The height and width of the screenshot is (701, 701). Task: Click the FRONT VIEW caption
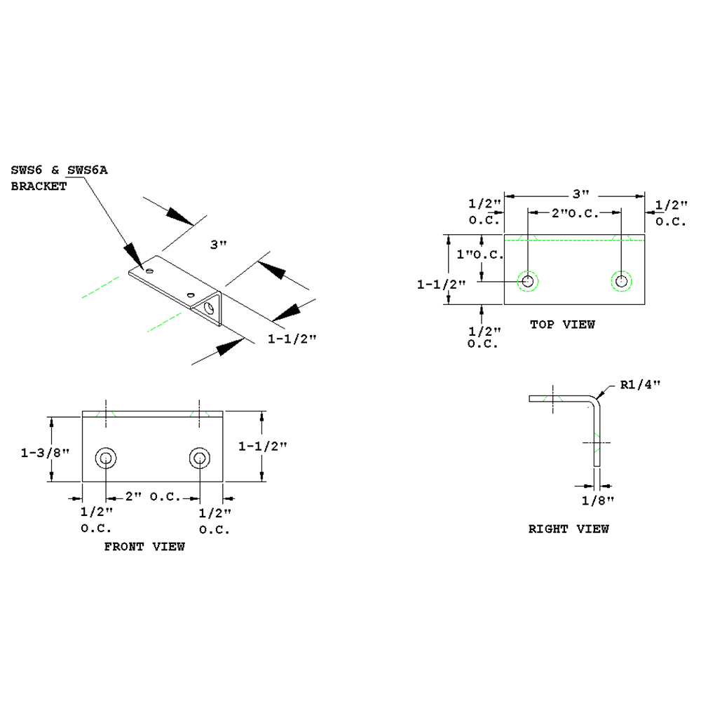coord(144,546)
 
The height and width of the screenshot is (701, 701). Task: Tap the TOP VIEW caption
coord(562,324)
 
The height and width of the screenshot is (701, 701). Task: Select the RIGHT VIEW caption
coord(569,529)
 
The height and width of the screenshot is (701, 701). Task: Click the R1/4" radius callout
coord(641,384)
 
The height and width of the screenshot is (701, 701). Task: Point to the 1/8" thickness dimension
coord(598,500)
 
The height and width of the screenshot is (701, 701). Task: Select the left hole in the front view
coord(106,458)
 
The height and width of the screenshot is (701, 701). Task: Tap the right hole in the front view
coord(199,458)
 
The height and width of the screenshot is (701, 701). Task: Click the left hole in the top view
coord(528,281)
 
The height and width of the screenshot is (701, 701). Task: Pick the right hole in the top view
coord(621,281)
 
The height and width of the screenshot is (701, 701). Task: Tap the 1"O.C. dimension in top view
coord(480,255)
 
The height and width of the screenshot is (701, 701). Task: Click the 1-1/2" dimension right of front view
coord(262,446)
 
